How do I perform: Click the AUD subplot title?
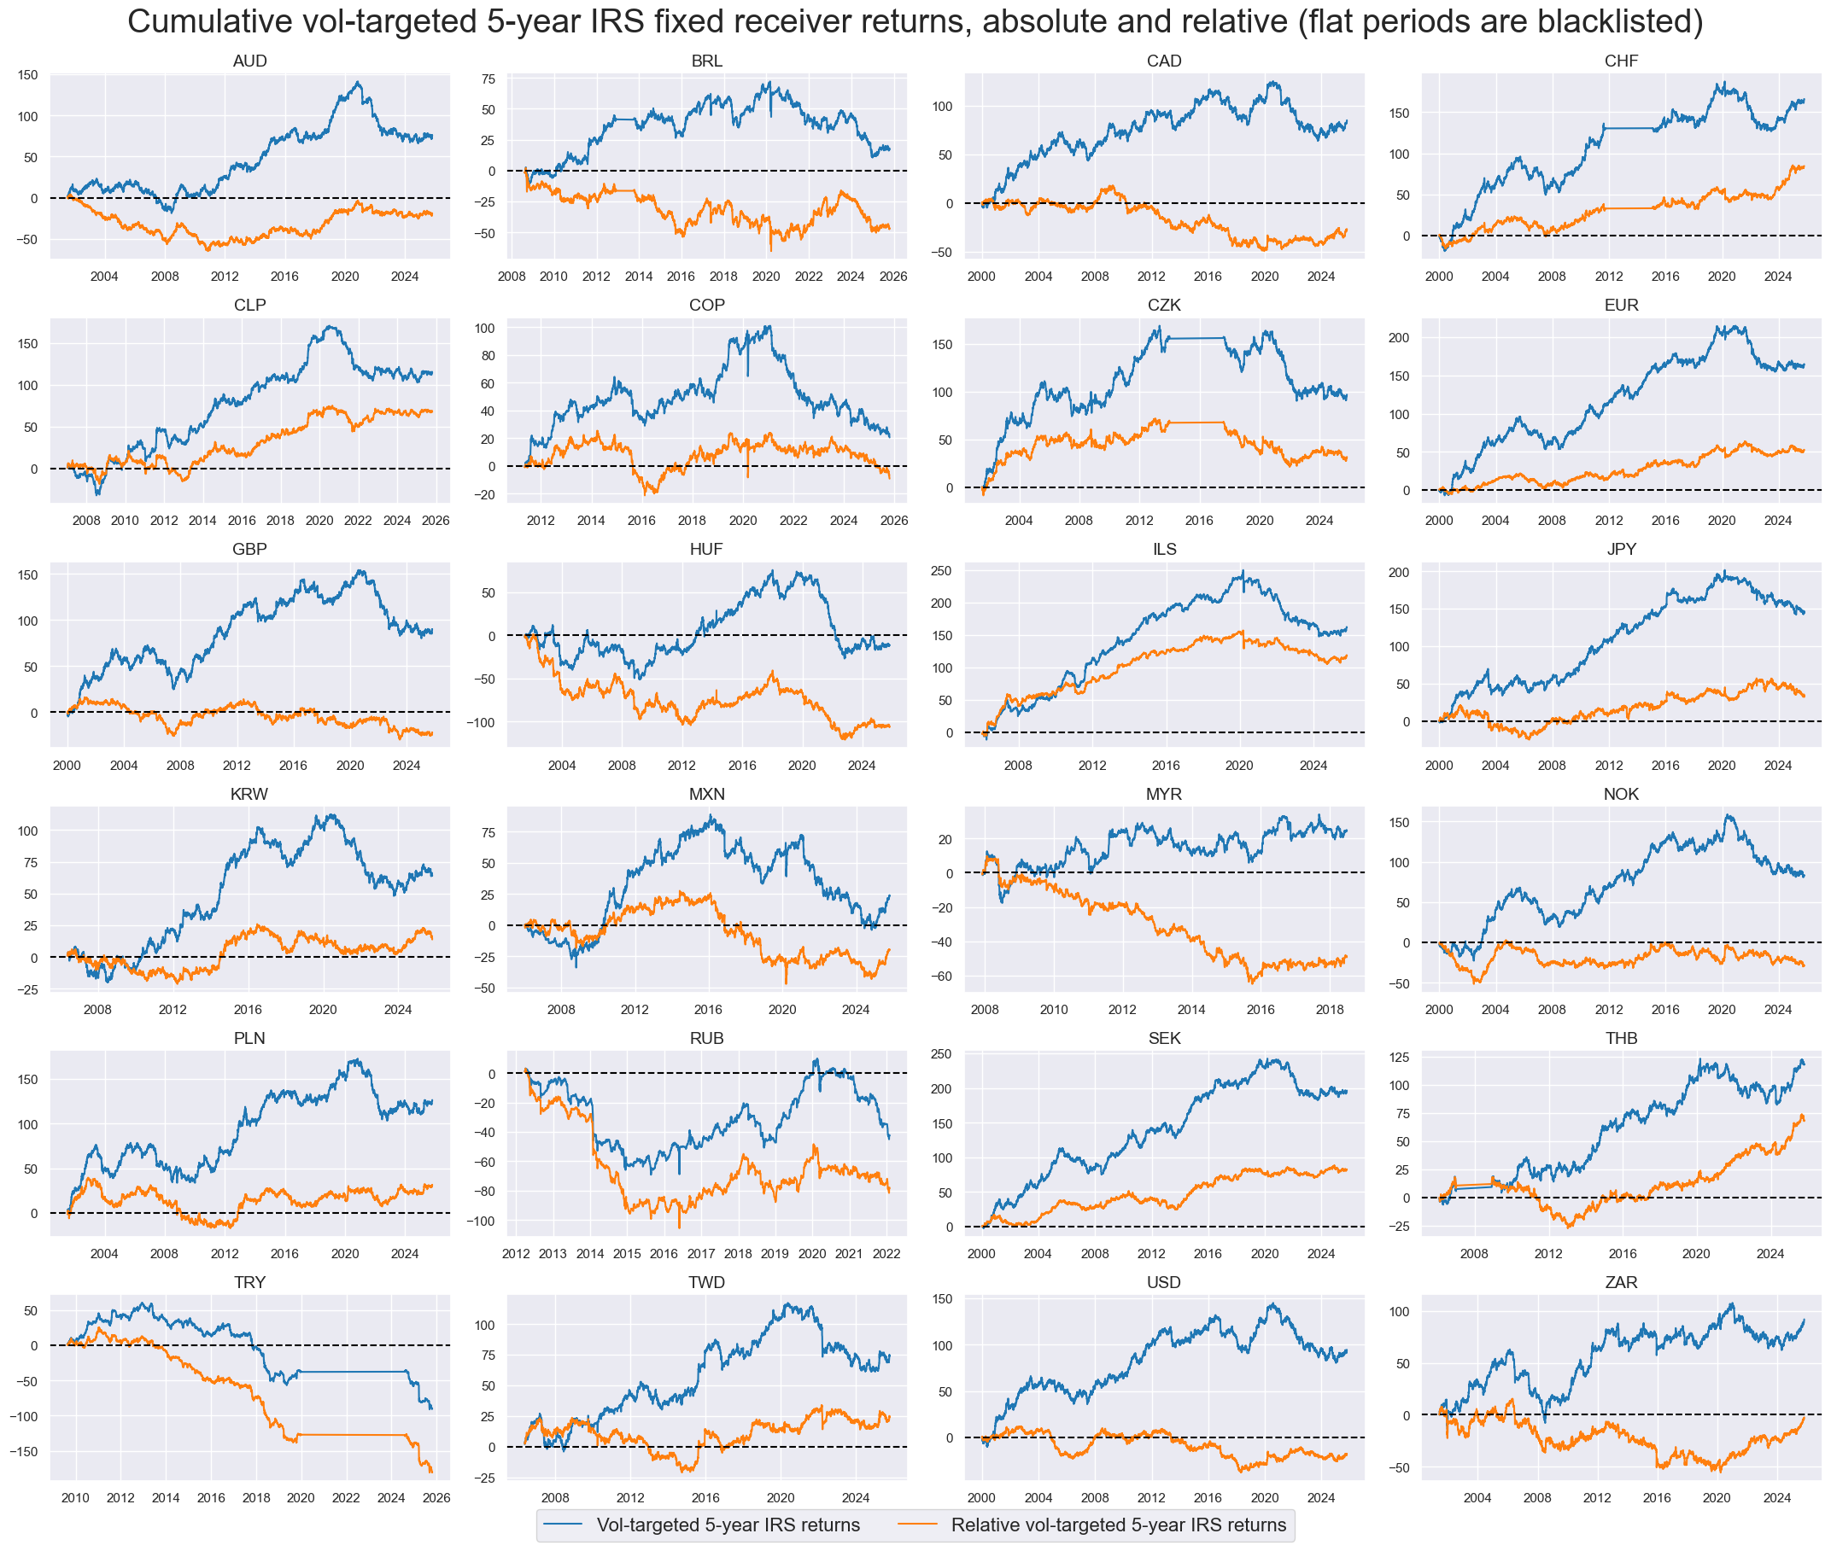(249, 61)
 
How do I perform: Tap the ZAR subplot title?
(1620, 1282)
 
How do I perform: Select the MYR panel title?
(1163, 794)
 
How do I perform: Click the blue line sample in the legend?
(563, 1525)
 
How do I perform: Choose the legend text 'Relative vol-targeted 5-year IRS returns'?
(1118, 1525)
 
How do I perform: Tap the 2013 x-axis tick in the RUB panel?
(553, 1254)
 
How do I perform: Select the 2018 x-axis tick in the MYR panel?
(1329, 1009)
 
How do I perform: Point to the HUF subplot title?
(706, 549)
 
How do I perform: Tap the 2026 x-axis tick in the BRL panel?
(892, 276)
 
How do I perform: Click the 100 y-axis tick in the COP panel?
(484, 328)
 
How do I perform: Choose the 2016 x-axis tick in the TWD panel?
(705, 1497)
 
